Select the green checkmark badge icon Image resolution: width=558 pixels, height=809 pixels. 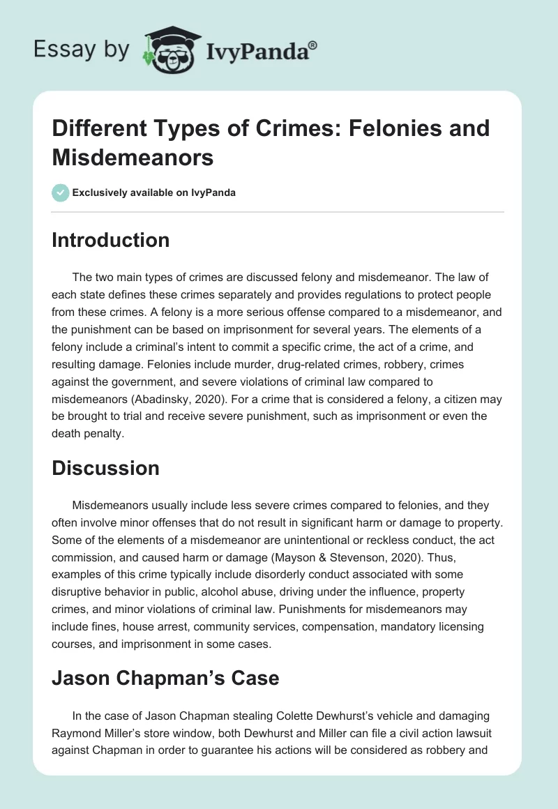tap(61, 192)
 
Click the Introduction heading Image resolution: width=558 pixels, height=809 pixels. tap(110, 240)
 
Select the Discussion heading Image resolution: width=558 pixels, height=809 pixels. tap(105, 468)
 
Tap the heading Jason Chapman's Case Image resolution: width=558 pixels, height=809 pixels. tap(165, 677)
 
